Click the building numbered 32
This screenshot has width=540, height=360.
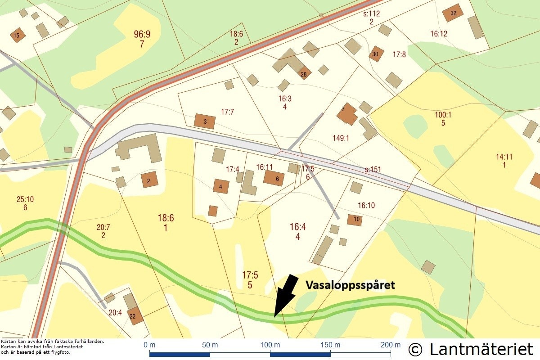[453, 13]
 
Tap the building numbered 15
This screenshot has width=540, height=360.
[18, 35]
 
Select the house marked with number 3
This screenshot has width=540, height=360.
[205, 121]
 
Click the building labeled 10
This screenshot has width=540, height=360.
[355, 220]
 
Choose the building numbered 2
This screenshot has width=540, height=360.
[149, 180]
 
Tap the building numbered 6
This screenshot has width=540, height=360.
[274, 178]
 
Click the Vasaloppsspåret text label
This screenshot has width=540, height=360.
[350, 285]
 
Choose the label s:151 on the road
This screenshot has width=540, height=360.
[373, 170]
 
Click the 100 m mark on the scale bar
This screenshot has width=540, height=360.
[270, 345]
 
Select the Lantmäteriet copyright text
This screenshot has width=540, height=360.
[471, 349]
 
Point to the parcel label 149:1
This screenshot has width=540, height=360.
[341, 138]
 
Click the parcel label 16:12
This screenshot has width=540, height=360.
[439, 33]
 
